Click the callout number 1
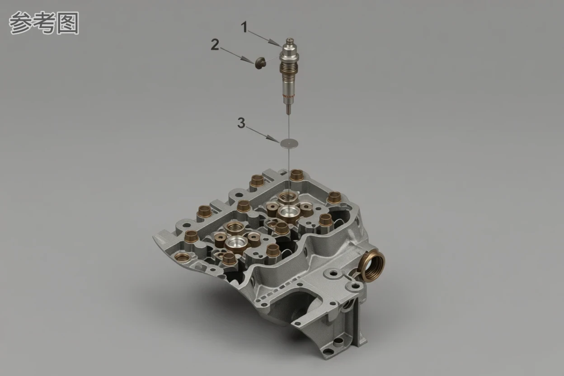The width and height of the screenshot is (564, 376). click(244, 27)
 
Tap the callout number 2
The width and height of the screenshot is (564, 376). click(215, 45)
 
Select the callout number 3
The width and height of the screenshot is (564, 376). click(241, 123)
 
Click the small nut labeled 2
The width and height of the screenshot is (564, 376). click(259, 63)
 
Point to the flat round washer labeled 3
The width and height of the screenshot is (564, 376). click(289, 143)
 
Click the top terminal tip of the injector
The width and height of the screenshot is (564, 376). click(290, 39)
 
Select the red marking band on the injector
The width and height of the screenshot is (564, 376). click(288, 96)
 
